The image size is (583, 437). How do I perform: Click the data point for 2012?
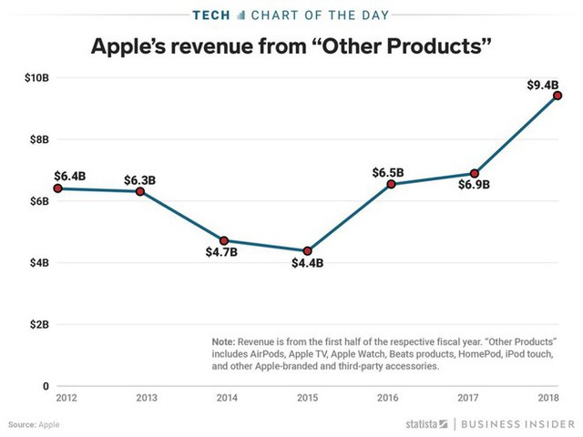pos(56,188)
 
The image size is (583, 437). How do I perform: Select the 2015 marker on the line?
pos(308,250)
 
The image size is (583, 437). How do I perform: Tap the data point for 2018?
pos(557,96)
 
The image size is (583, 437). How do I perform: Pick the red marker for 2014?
pos(223,240)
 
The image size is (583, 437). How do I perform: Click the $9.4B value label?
pos(544,85)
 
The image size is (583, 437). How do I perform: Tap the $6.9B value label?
pos(474,185)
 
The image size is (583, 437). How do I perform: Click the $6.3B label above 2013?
pos(139,179)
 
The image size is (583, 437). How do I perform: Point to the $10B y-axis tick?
pos(37,78)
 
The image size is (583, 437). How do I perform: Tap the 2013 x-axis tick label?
pos(139,399)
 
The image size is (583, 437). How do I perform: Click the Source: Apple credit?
pos(36,425)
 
